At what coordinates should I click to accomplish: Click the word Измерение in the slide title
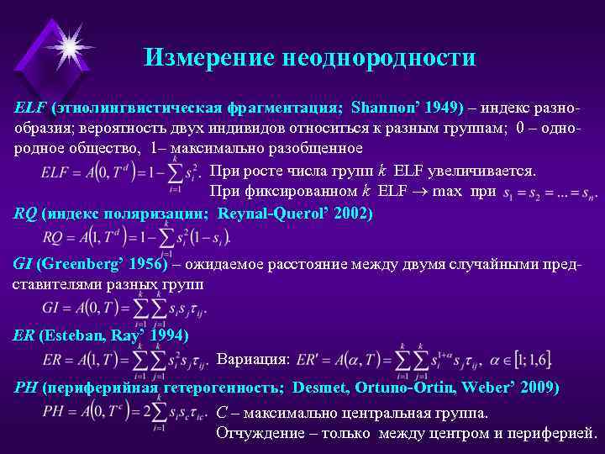(198, 57)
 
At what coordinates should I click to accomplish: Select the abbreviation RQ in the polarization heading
(25, 214)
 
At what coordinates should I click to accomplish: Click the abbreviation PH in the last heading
(26, 388)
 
